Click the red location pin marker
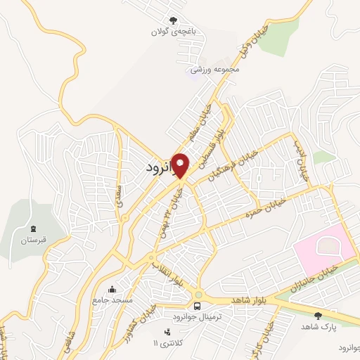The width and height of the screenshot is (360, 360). point(181,165)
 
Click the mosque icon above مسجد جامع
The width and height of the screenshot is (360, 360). point(112,289)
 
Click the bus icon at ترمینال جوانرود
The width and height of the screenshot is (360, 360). point(199,307)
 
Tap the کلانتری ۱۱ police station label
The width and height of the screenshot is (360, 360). point(167,342)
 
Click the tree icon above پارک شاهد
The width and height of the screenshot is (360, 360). point(318,316)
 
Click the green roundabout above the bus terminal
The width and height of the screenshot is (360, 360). point(199,294)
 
